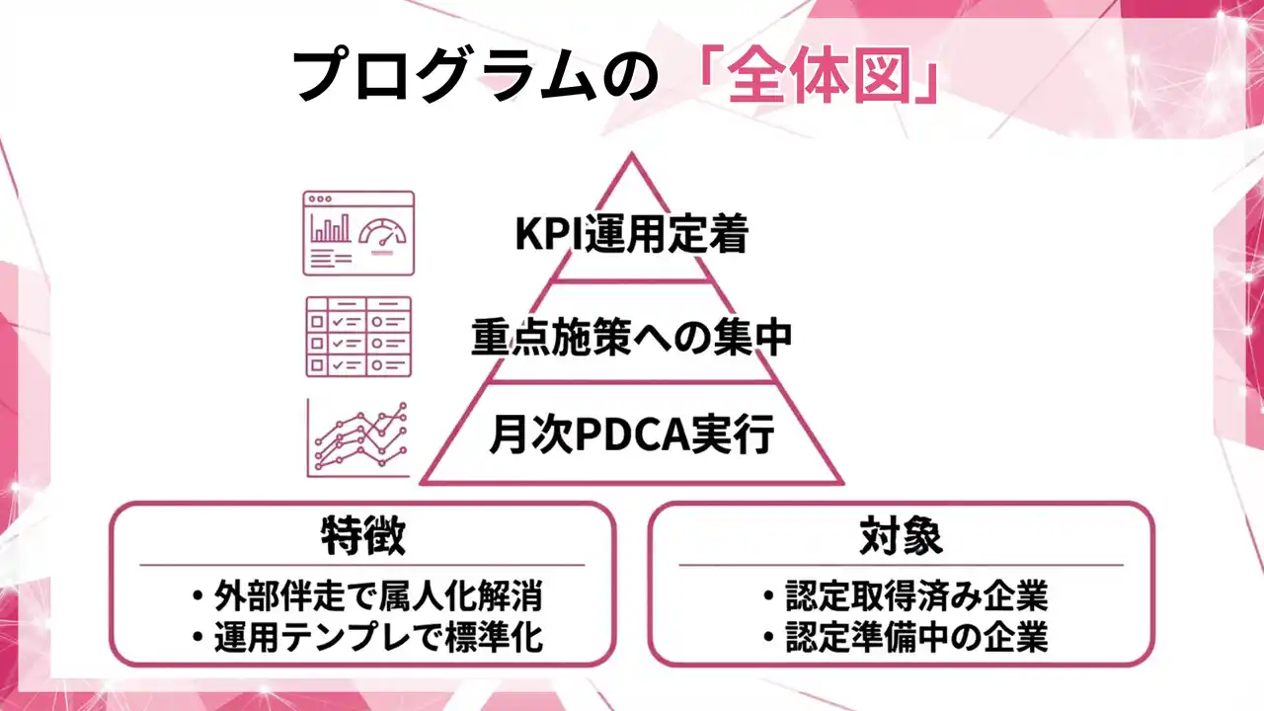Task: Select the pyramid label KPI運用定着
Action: pyautogui.click(x=632, y=235)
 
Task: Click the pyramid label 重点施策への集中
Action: pyautogui.click(x=632, y=338)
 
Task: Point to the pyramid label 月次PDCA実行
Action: pyautogui.click(x=632, y=435)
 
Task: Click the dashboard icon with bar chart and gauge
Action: pyautogui.click(x=358, y=233)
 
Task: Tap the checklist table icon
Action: pyautogui.click(x=358, y=336)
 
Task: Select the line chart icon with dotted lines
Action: pyautogui.click(x=358, y=437)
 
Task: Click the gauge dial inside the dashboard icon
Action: pyautogui.click(x=382, y=235)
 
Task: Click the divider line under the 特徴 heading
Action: pyautogui.click(x=362, y=565)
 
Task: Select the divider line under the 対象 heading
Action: pyautogui.click(x=901, y=565)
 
